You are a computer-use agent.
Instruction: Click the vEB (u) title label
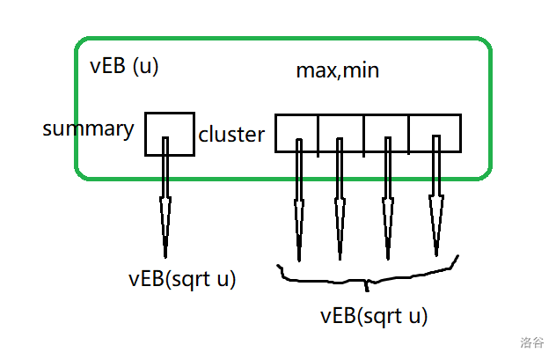click(124, 68)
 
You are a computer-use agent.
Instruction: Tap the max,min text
click(337, 70)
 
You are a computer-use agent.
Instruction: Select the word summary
click(88, 129)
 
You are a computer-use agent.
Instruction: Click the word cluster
click(231, 135)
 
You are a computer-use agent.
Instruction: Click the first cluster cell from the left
click(296, 131)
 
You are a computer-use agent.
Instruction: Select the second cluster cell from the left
click(340, 131)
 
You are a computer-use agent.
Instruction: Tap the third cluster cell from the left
click(386, 131)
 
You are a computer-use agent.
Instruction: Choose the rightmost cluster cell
click(435, 131)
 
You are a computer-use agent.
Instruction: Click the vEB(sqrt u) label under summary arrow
click(182, 280)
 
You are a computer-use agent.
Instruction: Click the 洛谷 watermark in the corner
click(531, 342)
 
